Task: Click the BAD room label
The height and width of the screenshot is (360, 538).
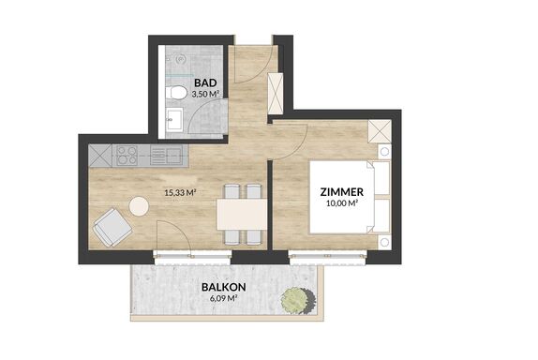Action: pyautogui.click(x=205, y=82)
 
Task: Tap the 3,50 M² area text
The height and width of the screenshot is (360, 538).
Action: pyautogui.click(x=205, y=95)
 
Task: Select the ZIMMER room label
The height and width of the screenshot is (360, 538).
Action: pyautogui.click(x=342, y=192)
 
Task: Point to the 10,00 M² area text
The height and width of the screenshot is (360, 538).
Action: pyautogui.click(x=342, y=203)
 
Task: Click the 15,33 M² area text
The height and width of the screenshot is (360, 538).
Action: pyautogui.click(x=180, y=192)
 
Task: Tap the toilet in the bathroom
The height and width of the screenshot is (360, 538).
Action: pyautogui.click(x=175, y=92)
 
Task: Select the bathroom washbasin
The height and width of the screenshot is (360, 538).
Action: pyautogui.click(x=174, y=119)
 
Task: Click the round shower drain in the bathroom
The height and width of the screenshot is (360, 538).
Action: pyautogui.click(x=181, y=59)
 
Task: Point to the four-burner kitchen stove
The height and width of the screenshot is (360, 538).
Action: pyautogui.click(x=127, y=156)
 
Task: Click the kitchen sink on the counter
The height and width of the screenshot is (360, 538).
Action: pyautogui.click(x=166, y=156)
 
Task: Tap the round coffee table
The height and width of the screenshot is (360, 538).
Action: pyautogui.click(x=139, y=206)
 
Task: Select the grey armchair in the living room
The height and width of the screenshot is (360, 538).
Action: pyautogui.click(x=112, y=227)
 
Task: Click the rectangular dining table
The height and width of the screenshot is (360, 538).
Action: pyautogui.click(x=242, y=215)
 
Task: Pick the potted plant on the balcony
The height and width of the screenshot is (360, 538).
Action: pyautogui.click(x=297, y=300)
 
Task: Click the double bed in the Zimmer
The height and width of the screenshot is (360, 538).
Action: pyautogui.click(x=351, y=197)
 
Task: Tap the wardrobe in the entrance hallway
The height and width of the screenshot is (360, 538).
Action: pyautogui.click(x=276, y=94)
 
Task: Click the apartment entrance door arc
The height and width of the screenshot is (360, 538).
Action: pyautogui.click(x=260, y=73)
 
